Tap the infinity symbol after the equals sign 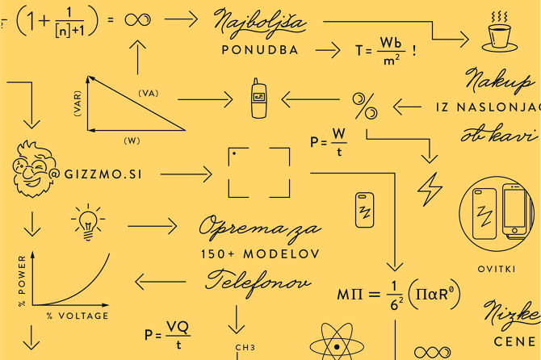tap(137, 19)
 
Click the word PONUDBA tap(260, 50)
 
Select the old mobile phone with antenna tap(258, 98)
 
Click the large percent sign tap(365, 107)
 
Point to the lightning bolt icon tap(430, 189)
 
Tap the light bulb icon tap(88, 223)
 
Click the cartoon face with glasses tap(34, 169)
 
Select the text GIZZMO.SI tap(103, 174)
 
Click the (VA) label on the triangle tap(149, 94)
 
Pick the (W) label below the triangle tap(132, 140)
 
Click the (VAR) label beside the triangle tap(78, 103)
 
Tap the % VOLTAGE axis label tap(78, 316)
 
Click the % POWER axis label tap(22, 281)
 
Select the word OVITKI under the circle tap(497, 269)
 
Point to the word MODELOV tap(282, 254)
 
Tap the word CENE tap(514, 341)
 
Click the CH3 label tap(245, 348)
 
